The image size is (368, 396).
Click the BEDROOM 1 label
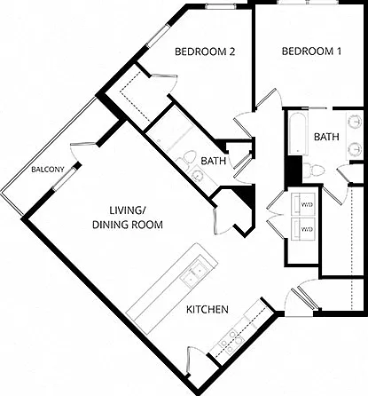pos(311,51)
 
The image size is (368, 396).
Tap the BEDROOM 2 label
pos(205,51)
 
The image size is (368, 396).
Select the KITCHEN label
pos(207,310)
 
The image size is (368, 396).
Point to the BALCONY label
pos(48,170)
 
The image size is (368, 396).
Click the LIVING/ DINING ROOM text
pos(128,218)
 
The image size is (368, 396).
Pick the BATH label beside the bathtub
pos(326,137)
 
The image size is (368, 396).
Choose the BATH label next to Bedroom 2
pos(213,161)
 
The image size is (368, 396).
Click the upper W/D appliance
pos(302,204)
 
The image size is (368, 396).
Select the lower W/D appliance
pos(302,229)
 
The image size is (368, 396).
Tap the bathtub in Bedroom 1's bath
pos(298,132)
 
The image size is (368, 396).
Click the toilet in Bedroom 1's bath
pos(314,170)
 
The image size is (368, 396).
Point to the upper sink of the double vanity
pos(355,122)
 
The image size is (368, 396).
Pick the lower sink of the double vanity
pos(355,148)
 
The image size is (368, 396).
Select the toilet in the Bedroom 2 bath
pos(185,160)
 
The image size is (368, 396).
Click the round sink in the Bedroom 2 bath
pos(197,176)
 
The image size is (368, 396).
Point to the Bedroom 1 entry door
pos(267,98)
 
